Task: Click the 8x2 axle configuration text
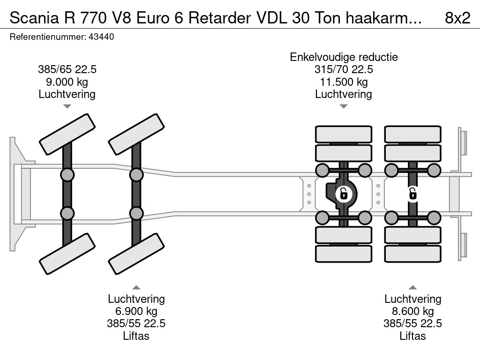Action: [x=457, y=18]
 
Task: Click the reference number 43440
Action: [x=101, y=37]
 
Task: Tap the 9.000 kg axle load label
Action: [x=67, y=82]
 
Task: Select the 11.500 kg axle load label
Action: [x=344, y=82]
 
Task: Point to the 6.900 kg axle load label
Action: [x=136, y=311]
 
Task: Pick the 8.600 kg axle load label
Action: [x=412, y=311]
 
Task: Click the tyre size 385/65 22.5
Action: [x=67, y=69]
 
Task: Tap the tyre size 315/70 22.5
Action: [x=344, y=69]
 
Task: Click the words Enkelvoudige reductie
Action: [x=344, y=57]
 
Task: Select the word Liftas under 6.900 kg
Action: [x=136, y=336]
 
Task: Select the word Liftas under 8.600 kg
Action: [x=412, y=336]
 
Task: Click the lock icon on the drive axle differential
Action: [x=344, y=194]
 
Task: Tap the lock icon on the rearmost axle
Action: [x=412, y=194]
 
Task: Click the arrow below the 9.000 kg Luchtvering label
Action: [x=67, y=106]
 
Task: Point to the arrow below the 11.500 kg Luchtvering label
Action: [x=344, y=106]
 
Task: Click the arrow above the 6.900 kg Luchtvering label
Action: [x=136, y=287]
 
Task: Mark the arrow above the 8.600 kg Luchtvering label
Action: [x=412, y=287]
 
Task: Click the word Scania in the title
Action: [x=34, y=18]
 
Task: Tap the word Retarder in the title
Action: [x=219, y=18]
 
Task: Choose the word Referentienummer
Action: [x=48, y=37]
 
